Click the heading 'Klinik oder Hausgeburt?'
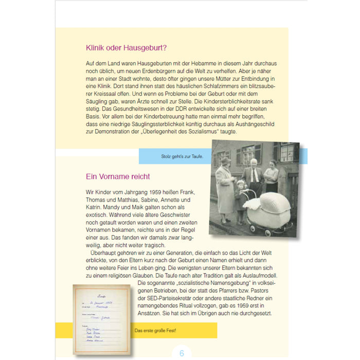[126, 48]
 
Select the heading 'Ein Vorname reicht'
[118, 176]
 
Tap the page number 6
[181, 353]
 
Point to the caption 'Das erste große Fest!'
[155, 330]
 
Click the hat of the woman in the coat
[225, 161]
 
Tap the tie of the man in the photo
[254, 176]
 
